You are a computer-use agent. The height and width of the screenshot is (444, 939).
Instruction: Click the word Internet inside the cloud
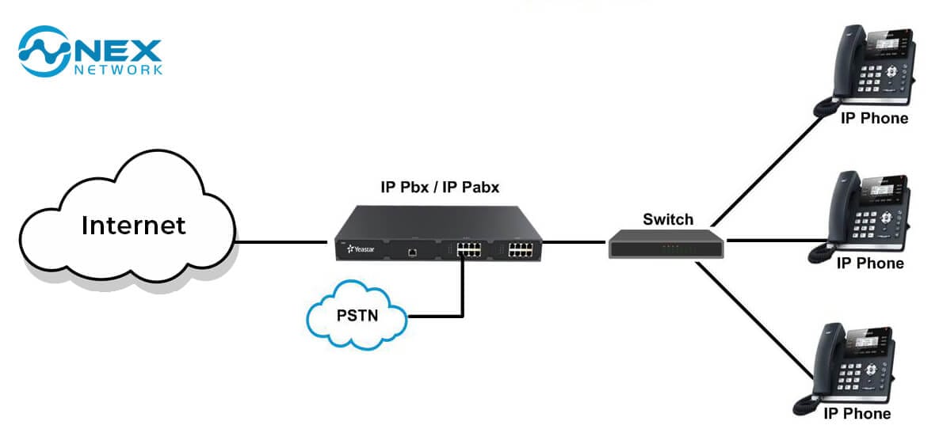(134, 226)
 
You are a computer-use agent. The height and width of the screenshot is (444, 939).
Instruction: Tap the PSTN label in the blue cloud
(357, 315)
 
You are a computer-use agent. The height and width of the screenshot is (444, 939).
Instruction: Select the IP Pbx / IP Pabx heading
(440, 188)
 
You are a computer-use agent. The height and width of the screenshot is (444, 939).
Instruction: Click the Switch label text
(668, 219)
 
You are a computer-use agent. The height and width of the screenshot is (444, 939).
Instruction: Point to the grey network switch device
(666, 244)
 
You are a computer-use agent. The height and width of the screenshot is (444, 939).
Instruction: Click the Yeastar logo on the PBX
(361, 248)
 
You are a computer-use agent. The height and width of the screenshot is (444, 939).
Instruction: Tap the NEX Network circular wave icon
(44, 51)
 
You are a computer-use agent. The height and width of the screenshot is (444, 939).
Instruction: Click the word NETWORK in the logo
(118, 70)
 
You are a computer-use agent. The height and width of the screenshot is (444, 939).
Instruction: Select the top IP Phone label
(874, 118)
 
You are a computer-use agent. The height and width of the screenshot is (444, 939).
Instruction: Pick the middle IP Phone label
(870, 264)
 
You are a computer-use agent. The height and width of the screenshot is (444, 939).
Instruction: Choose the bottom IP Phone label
(857, 413)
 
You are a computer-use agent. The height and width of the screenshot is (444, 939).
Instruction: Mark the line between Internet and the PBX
(281, 242)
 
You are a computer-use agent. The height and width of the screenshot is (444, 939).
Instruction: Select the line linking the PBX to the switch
(574, 242)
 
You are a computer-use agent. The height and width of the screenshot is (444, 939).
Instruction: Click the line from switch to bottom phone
(755, 321)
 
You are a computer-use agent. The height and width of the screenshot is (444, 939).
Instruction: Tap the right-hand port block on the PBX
(521, 249)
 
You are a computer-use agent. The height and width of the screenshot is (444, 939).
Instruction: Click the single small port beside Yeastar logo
(412, 252)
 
